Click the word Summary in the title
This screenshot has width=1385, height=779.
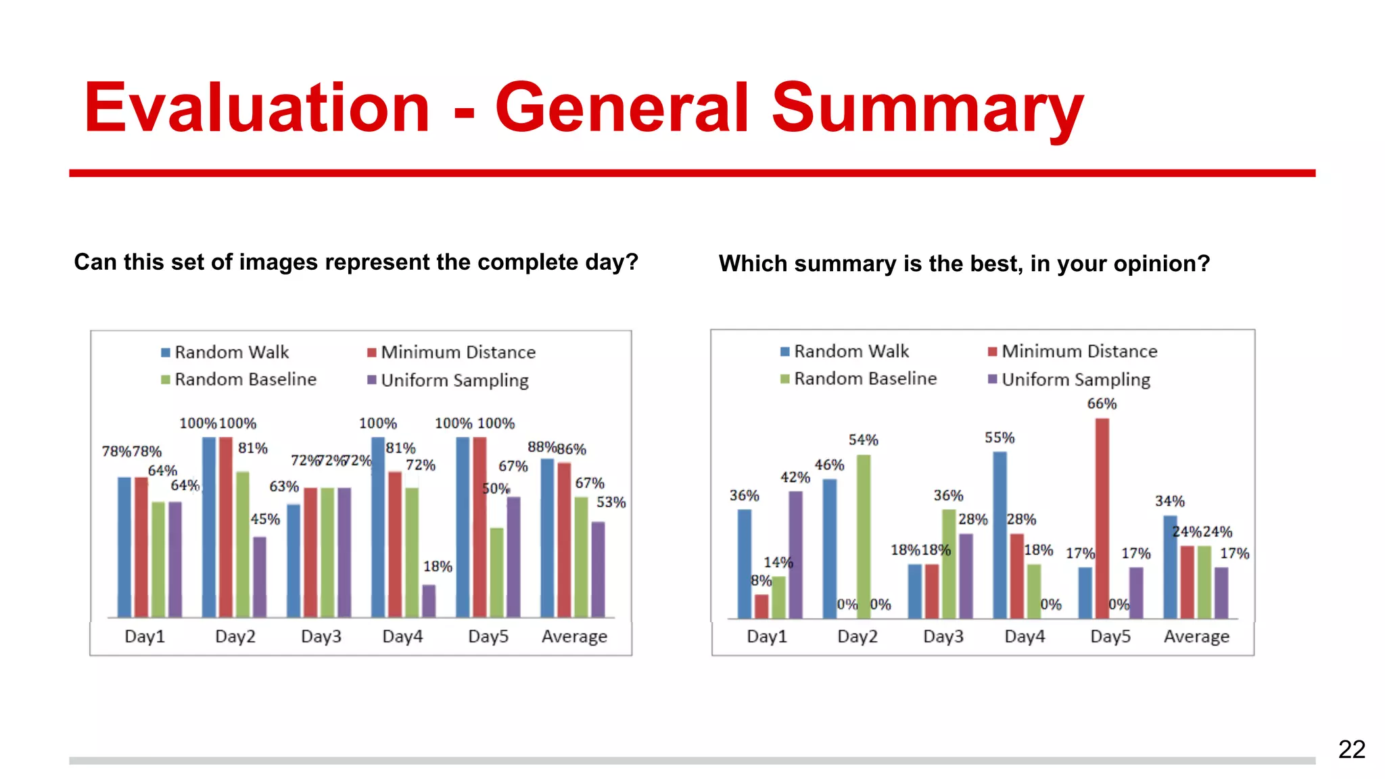click(927, 108)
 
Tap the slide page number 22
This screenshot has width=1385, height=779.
click(1351, 749)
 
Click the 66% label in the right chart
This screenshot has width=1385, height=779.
click(1101, 404)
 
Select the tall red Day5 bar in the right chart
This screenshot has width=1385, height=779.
click(1102, 517)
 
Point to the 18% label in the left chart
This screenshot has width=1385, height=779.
click(438, 567)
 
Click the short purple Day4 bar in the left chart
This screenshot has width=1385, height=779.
click(429, 600)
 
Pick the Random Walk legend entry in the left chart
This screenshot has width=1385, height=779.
click(225, 352)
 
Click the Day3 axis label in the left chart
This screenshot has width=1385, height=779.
click(321, 636)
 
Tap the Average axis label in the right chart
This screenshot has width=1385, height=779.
click(1196, 636)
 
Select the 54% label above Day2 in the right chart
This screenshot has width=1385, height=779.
click(863, 440)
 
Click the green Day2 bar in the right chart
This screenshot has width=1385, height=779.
click(864, 536)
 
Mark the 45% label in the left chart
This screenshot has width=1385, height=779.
click(264, 519)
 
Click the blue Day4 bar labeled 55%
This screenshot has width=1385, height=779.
click(1000, 534)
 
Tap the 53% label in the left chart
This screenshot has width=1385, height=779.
click(611, 502)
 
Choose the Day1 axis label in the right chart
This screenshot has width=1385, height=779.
click(766, 636)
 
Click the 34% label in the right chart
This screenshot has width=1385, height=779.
click(1169, 501)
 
